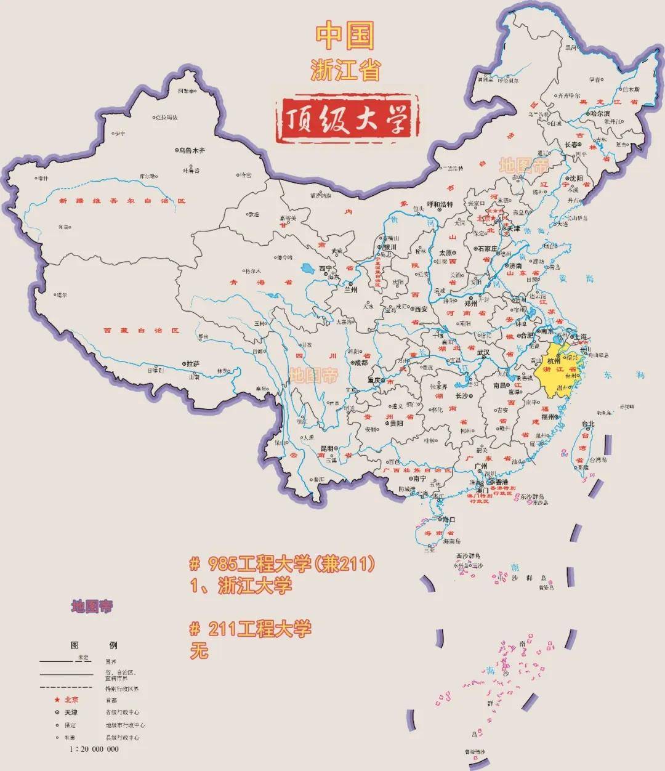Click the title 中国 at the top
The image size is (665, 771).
pyautogui.click(x=345, y=36)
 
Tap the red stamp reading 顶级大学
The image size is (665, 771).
pyautogui.click(x=350, y=118)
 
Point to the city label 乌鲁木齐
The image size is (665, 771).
pyautogui.click(x=191, y=150)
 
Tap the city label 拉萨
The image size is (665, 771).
pyautogui.click(x=193, y=364)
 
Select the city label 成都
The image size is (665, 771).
pyautogui.click(x=360, y=363)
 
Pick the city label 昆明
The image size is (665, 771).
pyautogui.click(x=326, y=448)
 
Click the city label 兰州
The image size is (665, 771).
pyautogui.click(x=351, y=289)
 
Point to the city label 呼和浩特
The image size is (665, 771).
pyautogui.click(x=440, y=204)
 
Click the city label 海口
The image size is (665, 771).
pyautogui.click(x=448, y=520)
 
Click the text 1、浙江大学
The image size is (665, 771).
pyautogui.click(x=241, y=586)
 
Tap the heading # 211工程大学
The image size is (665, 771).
pyautogui.click(x=251, y=629)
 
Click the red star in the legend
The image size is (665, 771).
pyautogui.click(x=57, y=700)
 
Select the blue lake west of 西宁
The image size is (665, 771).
pyautogui.click(x=307, y=268)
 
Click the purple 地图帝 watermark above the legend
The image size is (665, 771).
pyautogui.click(x=92, y=606)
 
